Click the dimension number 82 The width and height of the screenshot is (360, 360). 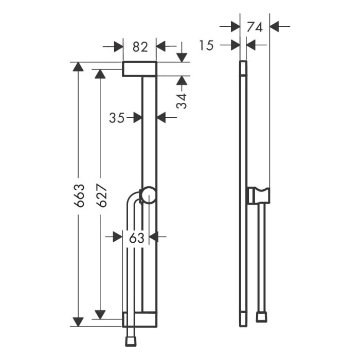(x=140, y=47)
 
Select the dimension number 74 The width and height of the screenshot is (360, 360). (x=255, y=27)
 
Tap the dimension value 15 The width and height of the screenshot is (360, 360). (x=206, y=46)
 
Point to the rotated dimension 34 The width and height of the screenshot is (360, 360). (x=182, y=98)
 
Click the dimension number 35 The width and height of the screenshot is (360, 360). (x=117, y=118)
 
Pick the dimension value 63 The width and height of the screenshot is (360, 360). (x=136, y=238)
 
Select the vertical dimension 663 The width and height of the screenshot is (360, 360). (x=78, y=195)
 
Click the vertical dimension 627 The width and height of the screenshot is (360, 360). (x=101, y=195)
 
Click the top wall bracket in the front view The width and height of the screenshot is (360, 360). (x=139, y=69)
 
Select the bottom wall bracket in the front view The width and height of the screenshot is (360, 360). (x=139, y=319)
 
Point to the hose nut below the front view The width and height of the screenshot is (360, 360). (x=131, y=340)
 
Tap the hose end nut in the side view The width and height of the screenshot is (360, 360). (x=262, y=316)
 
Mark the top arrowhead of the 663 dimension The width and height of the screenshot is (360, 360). (x=78, y=67)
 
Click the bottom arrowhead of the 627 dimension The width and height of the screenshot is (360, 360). (x=101, y=314)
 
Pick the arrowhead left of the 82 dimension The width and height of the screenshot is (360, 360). (x=118, y=47)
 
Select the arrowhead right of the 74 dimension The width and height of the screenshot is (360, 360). (x=274, y=26)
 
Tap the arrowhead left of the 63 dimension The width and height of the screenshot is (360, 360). (x=117, y=237)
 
